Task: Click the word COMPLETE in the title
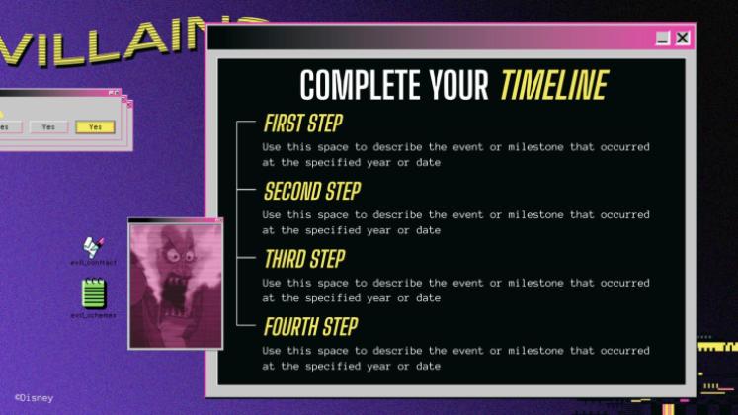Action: point(360,86)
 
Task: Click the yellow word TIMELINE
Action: point(553,86)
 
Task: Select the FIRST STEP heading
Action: point(303,124)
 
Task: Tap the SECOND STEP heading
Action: point(311,192)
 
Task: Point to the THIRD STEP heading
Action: point(304,259)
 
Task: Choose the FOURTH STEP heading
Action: point(310,326)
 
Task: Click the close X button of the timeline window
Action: point(682,38)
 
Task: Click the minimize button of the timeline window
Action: point(663,38)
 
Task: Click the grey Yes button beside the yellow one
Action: point(48,127)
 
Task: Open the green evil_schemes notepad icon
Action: point(94,293)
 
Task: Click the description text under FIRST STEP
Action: point(455,154)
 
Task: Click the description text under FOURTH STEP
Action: point(455,358)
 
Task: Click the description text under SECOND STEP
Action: point(455,222)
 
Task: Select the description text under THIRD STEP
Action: point(455,290)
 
